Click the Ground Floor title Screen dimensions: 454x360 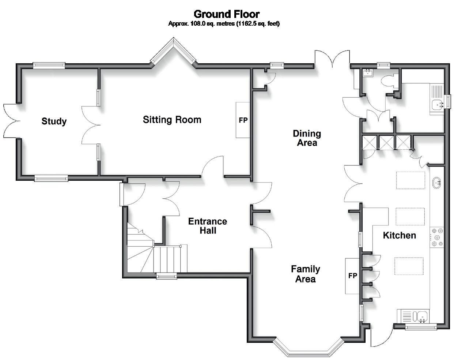coord(227,14)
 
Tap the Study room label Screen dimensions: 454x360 coord(54,121)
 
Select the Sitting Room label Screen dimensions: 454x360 coord(172,120)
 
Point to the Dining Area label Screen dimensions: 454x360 coord(307,138)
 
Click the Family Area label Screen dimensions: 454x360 coord(305,274)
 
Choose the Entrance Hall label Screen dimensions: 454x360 coord(207,226)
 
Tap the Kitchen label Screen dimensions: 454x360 coord(399,235)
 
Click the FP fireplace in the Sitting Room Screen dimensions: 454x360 coord(243,120)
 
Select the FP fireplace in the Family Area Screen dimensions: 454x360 coord(352,276)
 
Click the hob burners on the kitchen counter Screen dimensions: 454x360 coord(437,237)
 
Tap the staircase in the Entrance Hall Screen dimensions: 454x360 coord(154,252)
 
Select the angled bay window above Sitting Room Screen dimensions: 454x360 coord(173,51)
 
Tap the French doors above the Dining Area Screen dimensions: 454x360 coord(332,59)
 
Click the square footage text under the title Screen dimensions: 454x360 coord(224,24)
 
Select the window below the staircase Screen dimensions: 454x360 coord(166,276)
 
